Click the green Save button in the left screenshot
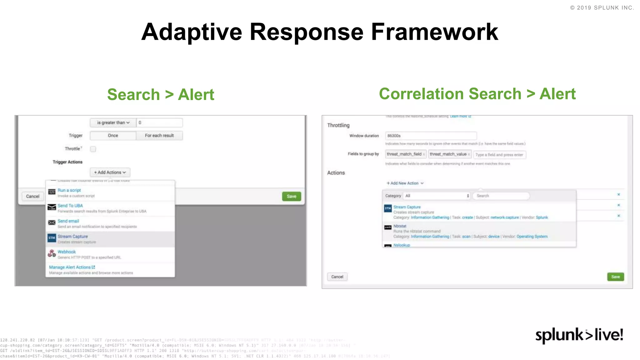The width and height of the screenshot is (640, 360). click(x=291, y=196)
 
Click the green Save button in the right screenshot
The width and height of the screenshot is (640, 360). click(x=615, y=277)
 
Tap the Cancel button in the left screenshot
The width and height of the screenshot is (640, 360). click(x=33, y=196)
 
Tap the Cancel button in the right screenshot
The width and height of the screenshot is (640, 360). click(x=337, y=277)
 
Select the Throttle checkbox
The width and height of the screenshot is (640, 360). click(x=93, y=149)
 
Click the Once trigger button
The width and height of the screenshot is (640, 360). click(x=113, y=136)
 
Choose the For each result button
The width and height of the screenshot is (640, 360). click(x=159, y=136)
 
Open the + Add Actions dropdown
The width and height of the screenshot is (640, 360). click(x=110, y=172)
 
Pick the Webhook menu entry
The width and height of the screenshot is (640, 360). click(x=67, y=252)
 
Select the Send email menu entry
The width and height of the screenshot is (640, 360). click(x=68, y=221)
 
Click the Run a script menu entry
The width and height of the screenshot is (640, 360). click(x=69, y=190)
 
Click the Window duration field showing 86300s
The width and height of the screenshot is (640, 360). click(x=431, y=136)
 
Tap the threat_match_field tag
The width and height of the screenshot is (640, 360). click(x=404, y=154)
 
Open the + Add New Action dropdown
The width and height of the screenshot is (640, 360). click(x=405, y=183)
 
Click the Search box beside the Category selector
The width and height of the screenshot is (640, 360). click(x=501, y=196)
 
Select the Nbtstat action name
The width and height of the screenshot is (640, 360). click(x=400, y=226)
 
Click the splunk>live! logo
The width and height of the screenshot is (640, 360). click(x=579, y=335)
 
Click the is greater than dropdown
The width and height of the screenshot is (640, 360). click(x=113, y=122)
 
